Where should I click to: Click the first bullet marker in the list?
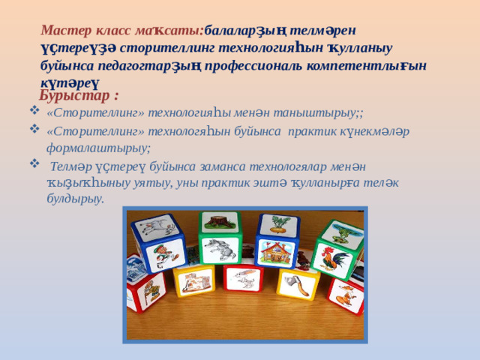[33, 112]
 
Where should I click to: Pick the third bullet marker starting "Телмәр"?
[33, 163]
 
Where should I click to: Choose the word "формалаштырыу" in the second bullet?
[98, 147]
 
